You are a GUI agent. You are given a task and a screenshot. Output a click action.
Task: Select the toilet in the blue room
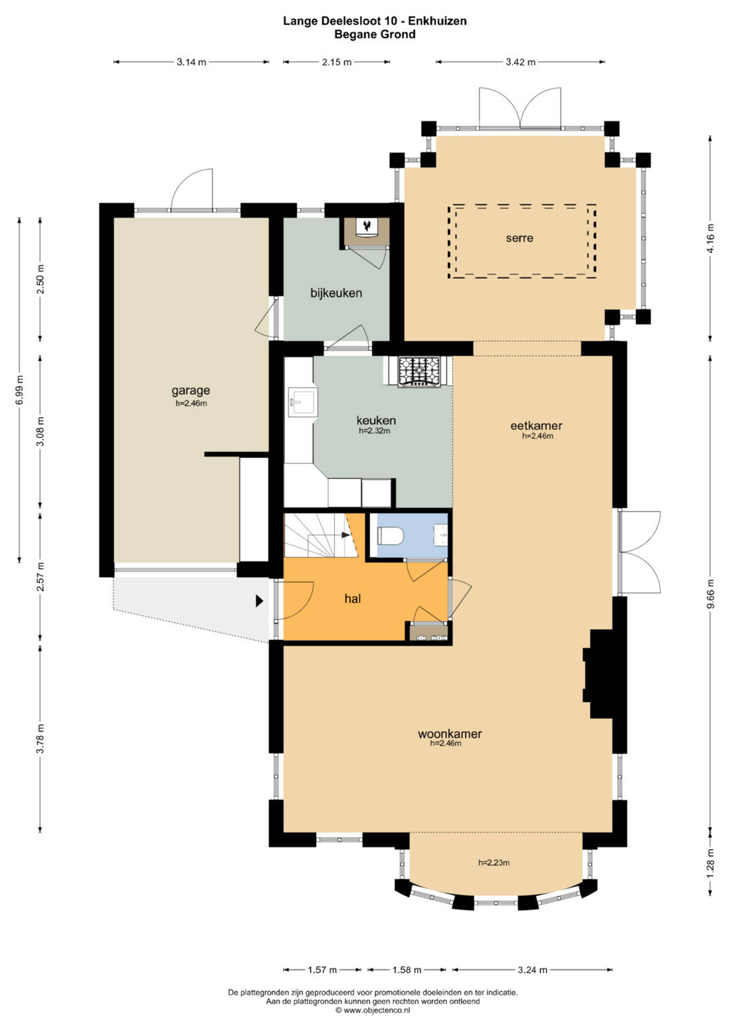pyautogui.click(x=391, y=536)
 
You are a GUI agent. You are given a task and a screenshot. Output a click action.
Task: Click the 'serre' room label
pyautogui.click(x=519, y=237)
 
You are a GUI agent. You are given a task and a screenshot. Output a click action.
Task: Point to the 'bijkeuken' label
pyautogui.click(x=336, y=293)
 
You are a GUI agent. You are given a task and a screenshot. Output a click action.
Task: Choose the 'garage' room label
pyautogui.click(x=191, y=391)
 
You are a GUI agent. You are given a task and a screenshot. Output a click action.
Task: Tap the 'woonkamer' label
pyautogui.click(x=450, y=734)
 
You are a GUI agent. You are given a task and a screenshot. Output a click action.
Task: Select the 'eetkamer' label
pyautogui.click(x=536, y=425)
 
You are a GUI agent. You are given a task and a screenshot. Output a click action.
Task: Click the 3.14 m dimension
pyautogui.click(x=191, y=62)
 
